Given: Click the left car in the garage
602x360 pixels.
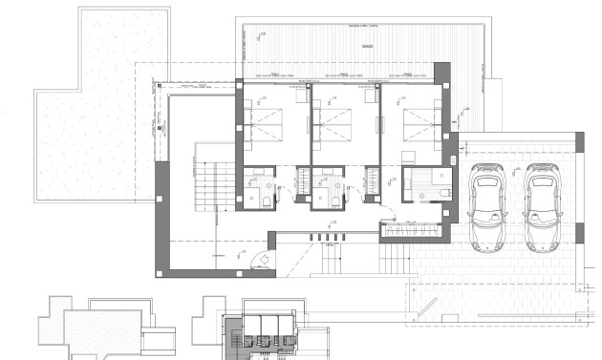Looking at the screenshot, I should tap(488, 207).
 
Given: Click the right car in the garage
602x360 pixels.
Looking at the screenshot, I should tap(544, 207).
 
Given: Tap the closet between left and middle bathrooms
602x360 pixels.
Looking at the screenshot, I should tap(304, 184).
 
